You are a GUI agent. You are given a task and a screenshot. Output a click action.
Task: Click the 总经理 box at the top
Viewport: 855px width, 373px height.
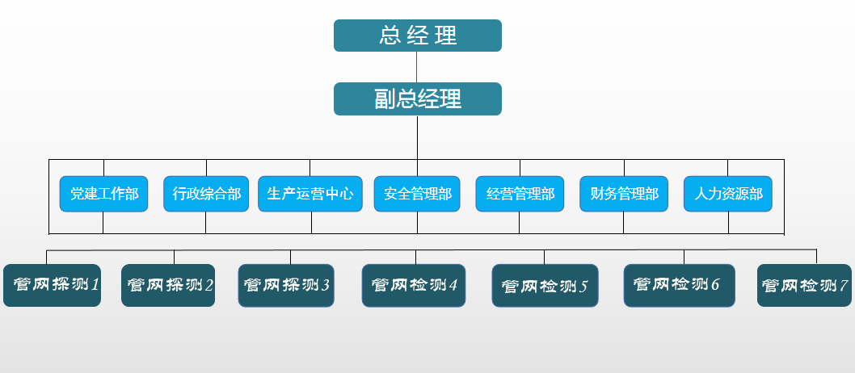418,36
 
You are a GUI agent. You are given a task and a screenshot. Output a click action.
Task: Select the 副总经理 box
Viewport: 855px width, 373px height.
418,98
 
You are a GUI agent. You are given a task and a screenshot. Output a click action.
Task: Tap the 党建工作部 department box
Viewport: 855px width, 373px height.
103,194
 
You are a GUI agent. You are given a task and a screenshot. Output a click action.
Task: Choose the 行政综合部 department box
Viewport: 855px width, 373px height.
206,194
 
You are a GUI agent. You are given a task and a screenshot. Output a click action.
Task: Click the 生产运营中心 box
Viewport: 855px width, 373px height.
310,194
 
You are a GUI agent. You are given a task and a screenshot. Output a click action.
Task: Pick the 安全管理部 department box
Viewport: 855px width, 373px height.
417,194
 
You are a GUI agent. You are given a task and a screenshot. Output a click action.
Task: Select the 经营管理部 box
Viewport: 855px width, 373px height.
520,194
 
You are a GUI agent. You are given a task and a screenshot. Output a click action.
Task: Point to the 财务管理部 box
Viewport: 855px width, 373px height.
624,194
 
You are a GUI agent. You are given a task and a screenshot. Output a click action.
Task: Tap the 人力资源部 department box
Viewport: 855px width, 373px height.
727,194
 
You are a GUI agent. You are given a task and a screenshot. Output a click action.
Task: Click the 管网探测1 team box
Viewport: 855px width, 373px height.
52,285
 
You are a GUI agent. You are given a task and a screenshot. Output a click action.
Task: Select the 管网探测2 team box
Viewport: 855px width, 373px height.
168,285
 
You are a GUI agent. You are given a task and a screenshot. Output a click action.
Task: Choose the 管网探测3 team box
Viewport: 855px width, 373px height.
286,285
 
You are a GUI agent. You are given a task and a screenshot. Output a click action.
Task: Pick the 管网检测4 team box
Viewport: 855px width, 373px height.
414,285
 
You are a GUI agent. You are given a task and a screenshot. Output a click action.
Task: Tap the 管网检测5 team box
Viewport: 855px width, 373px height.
545,286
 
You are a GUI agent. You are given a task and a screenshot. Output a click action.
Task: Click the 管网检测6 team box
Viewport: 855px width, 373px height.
679,285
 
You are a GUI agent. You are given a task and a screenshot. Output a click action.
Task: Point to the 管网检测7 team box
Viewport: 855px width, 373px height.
806,286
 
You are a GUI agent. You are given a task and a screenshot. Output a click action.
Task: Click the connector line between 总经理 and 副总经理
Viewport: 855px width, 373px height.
417,67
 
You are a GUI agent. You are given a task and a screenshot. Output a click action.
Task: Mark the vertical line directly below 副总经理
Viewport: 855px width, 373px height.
417,137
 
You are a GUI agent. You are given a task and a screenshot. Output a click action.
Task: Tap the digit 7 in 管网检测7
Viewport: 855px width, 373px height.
844,286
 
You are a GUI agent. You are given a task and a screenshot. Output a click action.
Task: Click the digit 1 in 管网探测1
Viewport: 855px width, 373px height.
95,285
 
